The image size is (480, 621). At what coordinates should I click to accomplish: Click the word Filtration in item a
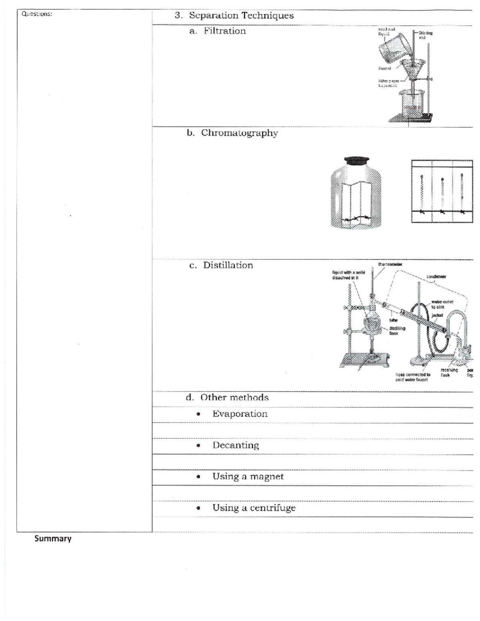click(x=225, y=31)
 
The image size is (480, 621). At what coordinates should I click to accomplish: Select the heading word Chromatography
click(x=239, y=133)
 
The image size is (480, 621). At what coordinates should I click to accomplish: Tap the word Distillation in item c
click(x=228, y=265)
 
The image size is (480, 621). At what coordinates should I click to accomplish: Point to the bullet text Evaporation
click(x=240, y=414)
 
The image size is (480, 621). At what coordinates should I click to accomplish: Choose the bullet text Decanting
click(x=236, y=445)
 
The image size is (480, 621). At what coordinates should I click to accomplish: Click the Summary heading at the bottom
click(x=53, y=539)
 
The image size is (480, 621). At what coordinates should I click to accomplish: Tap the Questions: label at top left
click(x=36, y=14)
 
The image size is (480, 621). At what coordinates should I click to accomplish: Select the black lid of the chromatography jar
click(x=356, y=160)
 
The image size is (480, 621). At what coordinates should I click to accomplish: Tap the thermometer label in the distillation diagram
click(x=390, y=264)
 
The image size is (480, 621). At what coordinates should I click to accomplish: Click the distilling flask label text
click(x=397, y=331)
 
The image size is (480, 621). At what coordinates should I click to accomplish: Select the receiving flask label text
click(x=446, y=373)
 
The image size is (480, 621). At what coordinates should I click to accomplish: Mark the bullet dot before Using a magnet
click(x=198, y=477)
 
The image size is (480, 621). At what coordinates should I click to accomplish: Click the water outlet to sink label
click(x=442, y=305)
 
